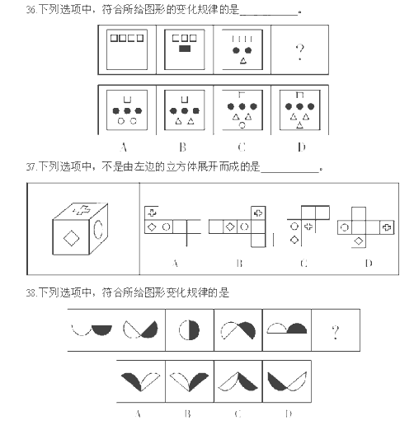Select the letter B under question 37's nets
pyautogui.click(x=240, y=264)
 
